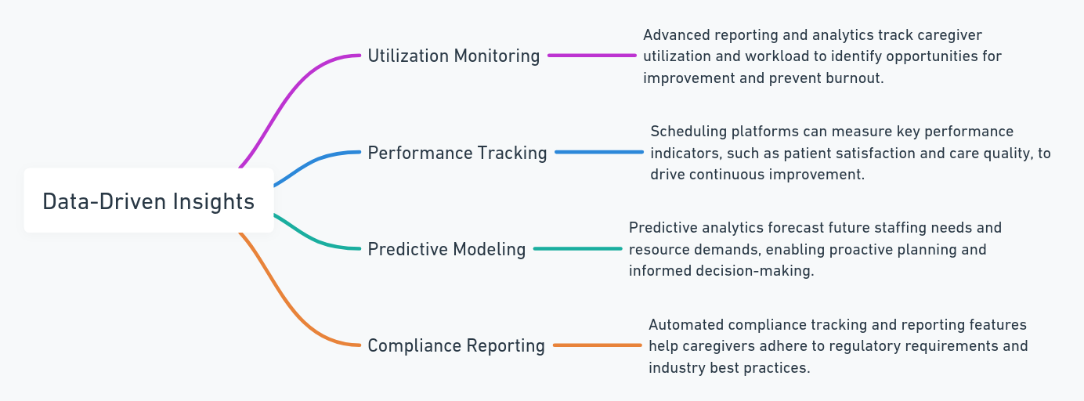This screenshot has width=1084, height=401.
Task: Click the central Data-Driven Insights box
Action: (149, 200)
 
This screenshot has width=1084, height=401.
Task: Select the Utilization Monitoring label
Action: (453, 56)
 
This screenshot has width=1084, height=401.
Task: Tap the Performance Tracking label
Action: (457, 153)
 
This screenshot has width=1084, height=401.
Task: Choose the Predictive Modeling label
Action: (446, 249)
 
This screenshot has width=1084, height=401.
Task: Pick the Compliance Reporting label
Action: (456, 345)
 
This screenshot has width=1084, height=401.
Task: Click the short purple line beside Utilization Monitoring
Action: (592, 55)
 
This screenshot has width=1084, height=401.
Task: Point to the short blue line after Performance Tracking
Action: (599, 152)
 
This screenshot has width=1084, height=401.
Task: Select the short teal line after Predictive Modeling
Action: (578, 248)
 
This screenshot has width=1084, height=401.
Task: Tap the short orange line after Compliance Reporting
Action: (597, 345)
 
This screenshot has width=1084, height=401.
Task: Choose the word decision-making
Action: (755, 271)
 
